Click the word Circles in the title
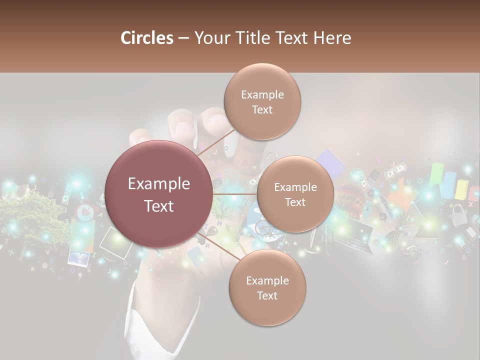coord(147,38)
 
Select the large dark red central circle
coord(158,194)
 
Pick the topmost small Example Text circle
coord(262,101)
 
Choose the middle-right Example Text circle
coord(295,194)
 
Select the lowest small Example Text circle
coord(267,287)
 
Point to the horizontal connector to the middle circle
coord(234,194)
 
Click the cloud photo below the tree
coord(78,257)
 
